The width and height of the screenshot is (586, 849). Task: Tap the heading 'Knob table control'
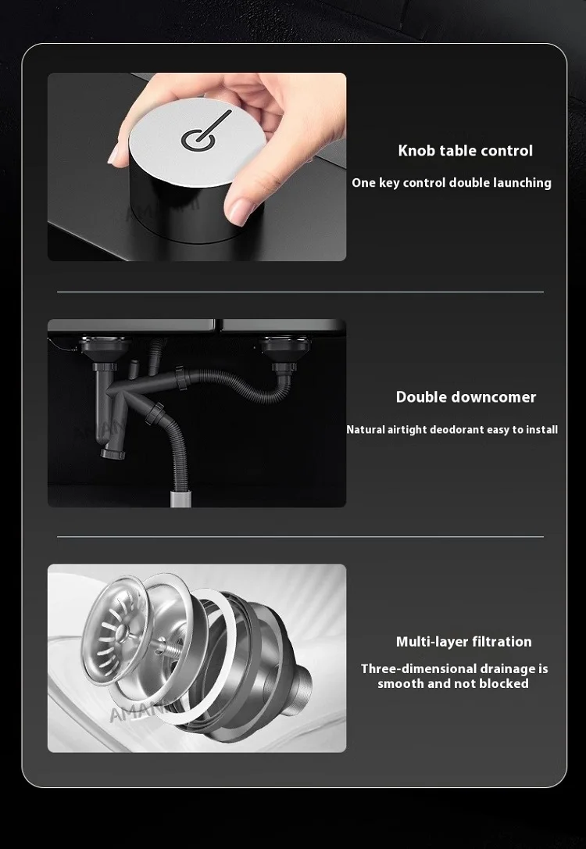(x=465, y=151)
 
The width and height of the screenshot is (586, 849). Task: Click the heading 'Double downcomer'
(x=466, y=397)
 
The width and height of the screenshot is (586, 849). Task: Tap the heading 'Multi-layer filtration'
(x=463, y=642)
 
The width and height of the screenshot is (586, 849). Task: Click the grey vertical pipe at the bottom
(x=179, y=496)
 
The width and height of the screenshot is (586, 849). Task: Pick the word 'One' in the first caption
(x=363, y=183)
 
